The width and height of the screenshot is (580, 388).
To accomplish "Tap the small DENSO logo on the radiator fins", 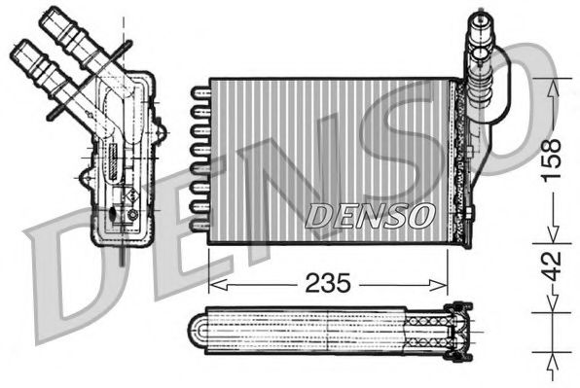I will coord(369,215).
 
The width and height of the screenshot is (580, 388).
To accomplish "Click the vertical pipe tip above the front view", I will coord(481,21).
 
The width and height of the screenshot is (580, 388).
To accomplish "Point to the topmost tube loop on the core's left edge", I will coord(200,91).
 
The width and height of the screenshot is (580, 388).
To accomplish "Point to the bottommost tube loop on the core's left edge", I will coord(200,224).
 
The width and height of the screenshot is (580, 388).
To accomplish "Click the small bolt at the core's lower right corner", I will coord(467,215).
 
